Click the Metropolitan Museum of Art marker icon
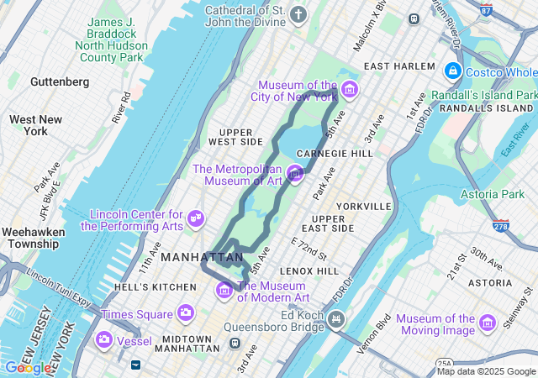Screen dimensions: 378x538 click(295, 174)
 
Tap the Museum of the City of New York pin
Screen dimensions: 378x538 click(349, 90)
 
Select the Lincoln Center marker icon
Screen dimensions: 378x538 click(196, 218)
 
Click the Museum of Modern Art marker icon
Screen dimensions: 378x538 click(224, 291)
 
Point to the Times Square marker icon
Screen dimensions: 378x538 click(186, 313)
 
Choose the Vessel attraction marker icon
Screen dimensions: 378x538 click(104, 340)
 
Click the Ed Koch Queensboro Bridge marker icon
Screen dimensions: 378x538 click(337, 318)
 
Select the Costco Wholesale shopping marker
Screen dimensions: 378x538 click(453, 71)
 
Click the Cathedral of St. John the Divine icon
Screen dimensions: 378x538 click(298, 14)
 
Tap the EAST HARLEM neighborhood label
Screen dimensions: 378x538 click(399, 66)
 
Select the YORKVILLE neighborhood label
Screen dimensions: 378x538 click(363, 206)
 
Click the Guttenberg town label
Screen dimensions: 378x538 click(59, 81)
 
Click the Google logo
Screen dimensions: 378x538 click(28, 368)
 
